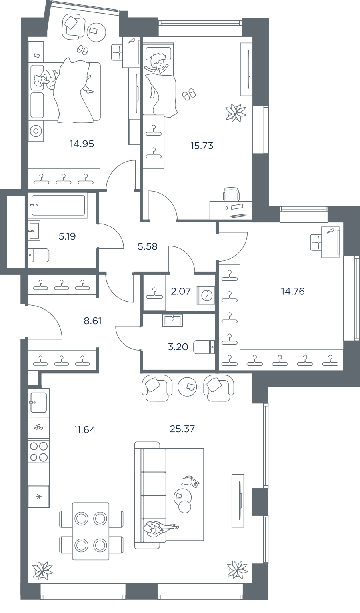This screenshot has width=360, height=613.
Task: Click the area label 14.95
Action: tap(82, 144)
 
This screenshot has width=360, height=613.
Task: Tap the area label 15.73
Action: tap(202, 146)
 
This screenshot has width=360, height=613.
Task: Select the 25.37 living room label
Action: tap(182, 429)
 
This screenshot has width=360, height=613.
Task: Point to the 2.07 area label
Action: tap(180, 291)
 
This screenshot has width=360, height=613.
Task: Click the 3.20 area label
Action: tap(178, 347)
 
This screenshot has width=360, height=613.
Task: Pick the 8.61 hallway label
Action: tap(92, 321)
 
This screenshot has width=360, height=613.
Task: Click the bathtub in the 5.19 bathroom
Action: tap(58, 205)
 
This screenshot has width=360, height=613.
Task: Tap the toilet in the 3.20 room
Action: tap(204, 347)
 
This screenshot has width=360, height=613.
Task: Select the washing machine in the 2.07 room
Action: tap(206, 295)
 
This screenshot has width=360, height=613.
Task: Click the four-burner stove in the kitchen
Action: tap(39, 451)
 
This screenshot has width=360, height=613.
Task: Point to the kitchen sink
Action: tap(39, 402)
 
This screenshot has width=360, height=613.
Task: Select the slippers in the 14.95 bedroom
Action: tap(82, 50)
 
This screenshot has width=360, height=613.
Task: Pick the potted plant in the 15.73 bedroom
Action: tap(236, 113)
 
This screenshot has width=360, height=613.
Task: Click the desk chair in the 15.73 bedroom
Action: tap(231, 194)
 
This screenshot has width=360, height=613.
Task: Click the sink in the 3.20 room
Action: tap(172, 320)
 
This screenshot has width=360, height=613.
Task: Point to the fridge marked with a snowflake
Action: tap(39, 497)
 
